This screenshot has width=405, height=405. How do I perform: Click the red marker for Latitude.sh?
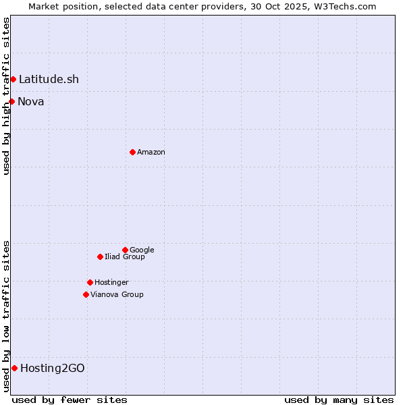13,80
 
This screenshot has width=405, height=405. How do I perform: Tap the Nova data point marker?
11,101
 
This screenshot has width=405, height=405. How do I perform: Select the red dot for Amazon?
132,152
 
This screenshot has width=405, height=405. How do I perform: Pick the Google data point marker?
125,250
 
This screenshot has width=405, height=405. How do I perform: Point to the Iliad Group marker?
100,256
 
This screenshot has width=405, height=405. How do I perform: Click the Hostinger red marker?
90,282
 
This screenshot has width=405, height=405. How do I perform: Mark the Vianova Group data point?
86,294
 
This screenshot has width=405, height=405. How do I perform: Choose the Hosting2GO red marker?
14,368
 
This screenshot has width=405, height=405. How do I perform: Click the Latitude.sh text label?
49,80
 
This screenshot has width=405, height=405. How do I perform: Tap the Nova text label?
31,102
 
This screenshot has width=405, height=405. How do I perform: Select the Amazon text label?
151,153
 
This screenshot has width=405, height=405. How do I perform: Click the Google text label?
142,250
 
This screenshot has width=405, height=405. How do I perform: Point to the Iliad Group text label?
125,257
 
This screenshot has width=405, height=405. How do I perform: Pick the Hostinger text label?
111,283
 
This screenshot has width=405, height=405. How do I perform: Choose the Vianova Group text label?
117,295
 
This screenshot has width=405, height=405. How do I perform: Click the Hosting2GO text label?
53,369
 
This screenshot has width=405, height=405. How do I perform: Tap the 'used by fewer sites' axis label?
70,400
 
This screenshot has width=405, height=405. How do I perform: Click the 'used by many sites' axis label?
339,400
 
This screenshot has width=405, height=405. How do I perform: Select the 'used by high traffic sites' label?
6,96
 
